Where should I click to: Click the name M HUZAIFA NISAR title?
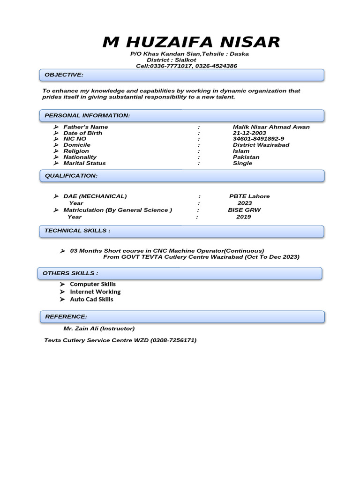coord(191,42)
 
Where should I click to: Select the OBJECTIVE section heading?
coord(64,75)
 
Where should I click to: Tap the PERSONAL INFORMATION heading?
coord(87,115)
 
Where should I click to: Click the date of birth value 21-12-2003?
coord(249,133)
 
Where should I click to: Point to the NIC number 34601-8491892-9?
coord(258,139)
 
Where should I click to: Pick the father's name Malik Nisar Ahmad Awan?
coord(271,127)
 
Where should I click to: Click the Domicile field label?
coord(77,145)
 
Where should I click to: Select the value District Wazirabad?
coord(261,145)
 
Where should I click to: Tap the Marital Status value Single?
coord(242,163)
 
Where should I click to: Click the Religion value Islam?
coord(241,151)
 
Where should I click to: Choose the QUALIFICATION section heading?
coord(71,175)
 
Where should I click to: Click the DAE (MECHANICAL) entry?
coord(95,196)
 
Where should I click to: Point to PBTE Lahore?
coord(249,196)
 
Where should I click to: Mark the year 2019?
coord(243,217)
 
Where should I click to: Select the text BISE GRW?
coord(244,210)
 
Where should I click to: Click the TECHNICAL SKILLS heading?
coord(77,231)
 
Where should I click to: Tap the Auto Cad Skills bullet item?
coord(91,300)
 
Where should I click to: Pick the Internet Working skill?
coord(95,292)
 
